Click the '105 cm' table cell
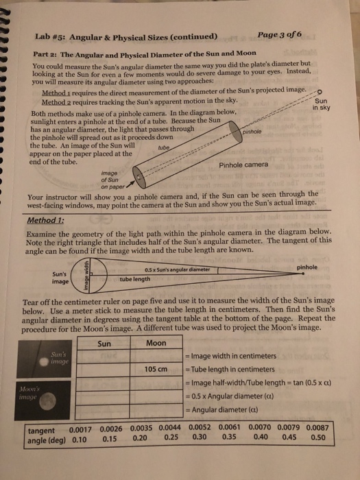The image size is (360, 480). pyautogui.click(x=157, y=370)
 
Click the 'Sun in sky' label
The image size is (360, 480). pyautogui.click(x=321, y=103)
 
